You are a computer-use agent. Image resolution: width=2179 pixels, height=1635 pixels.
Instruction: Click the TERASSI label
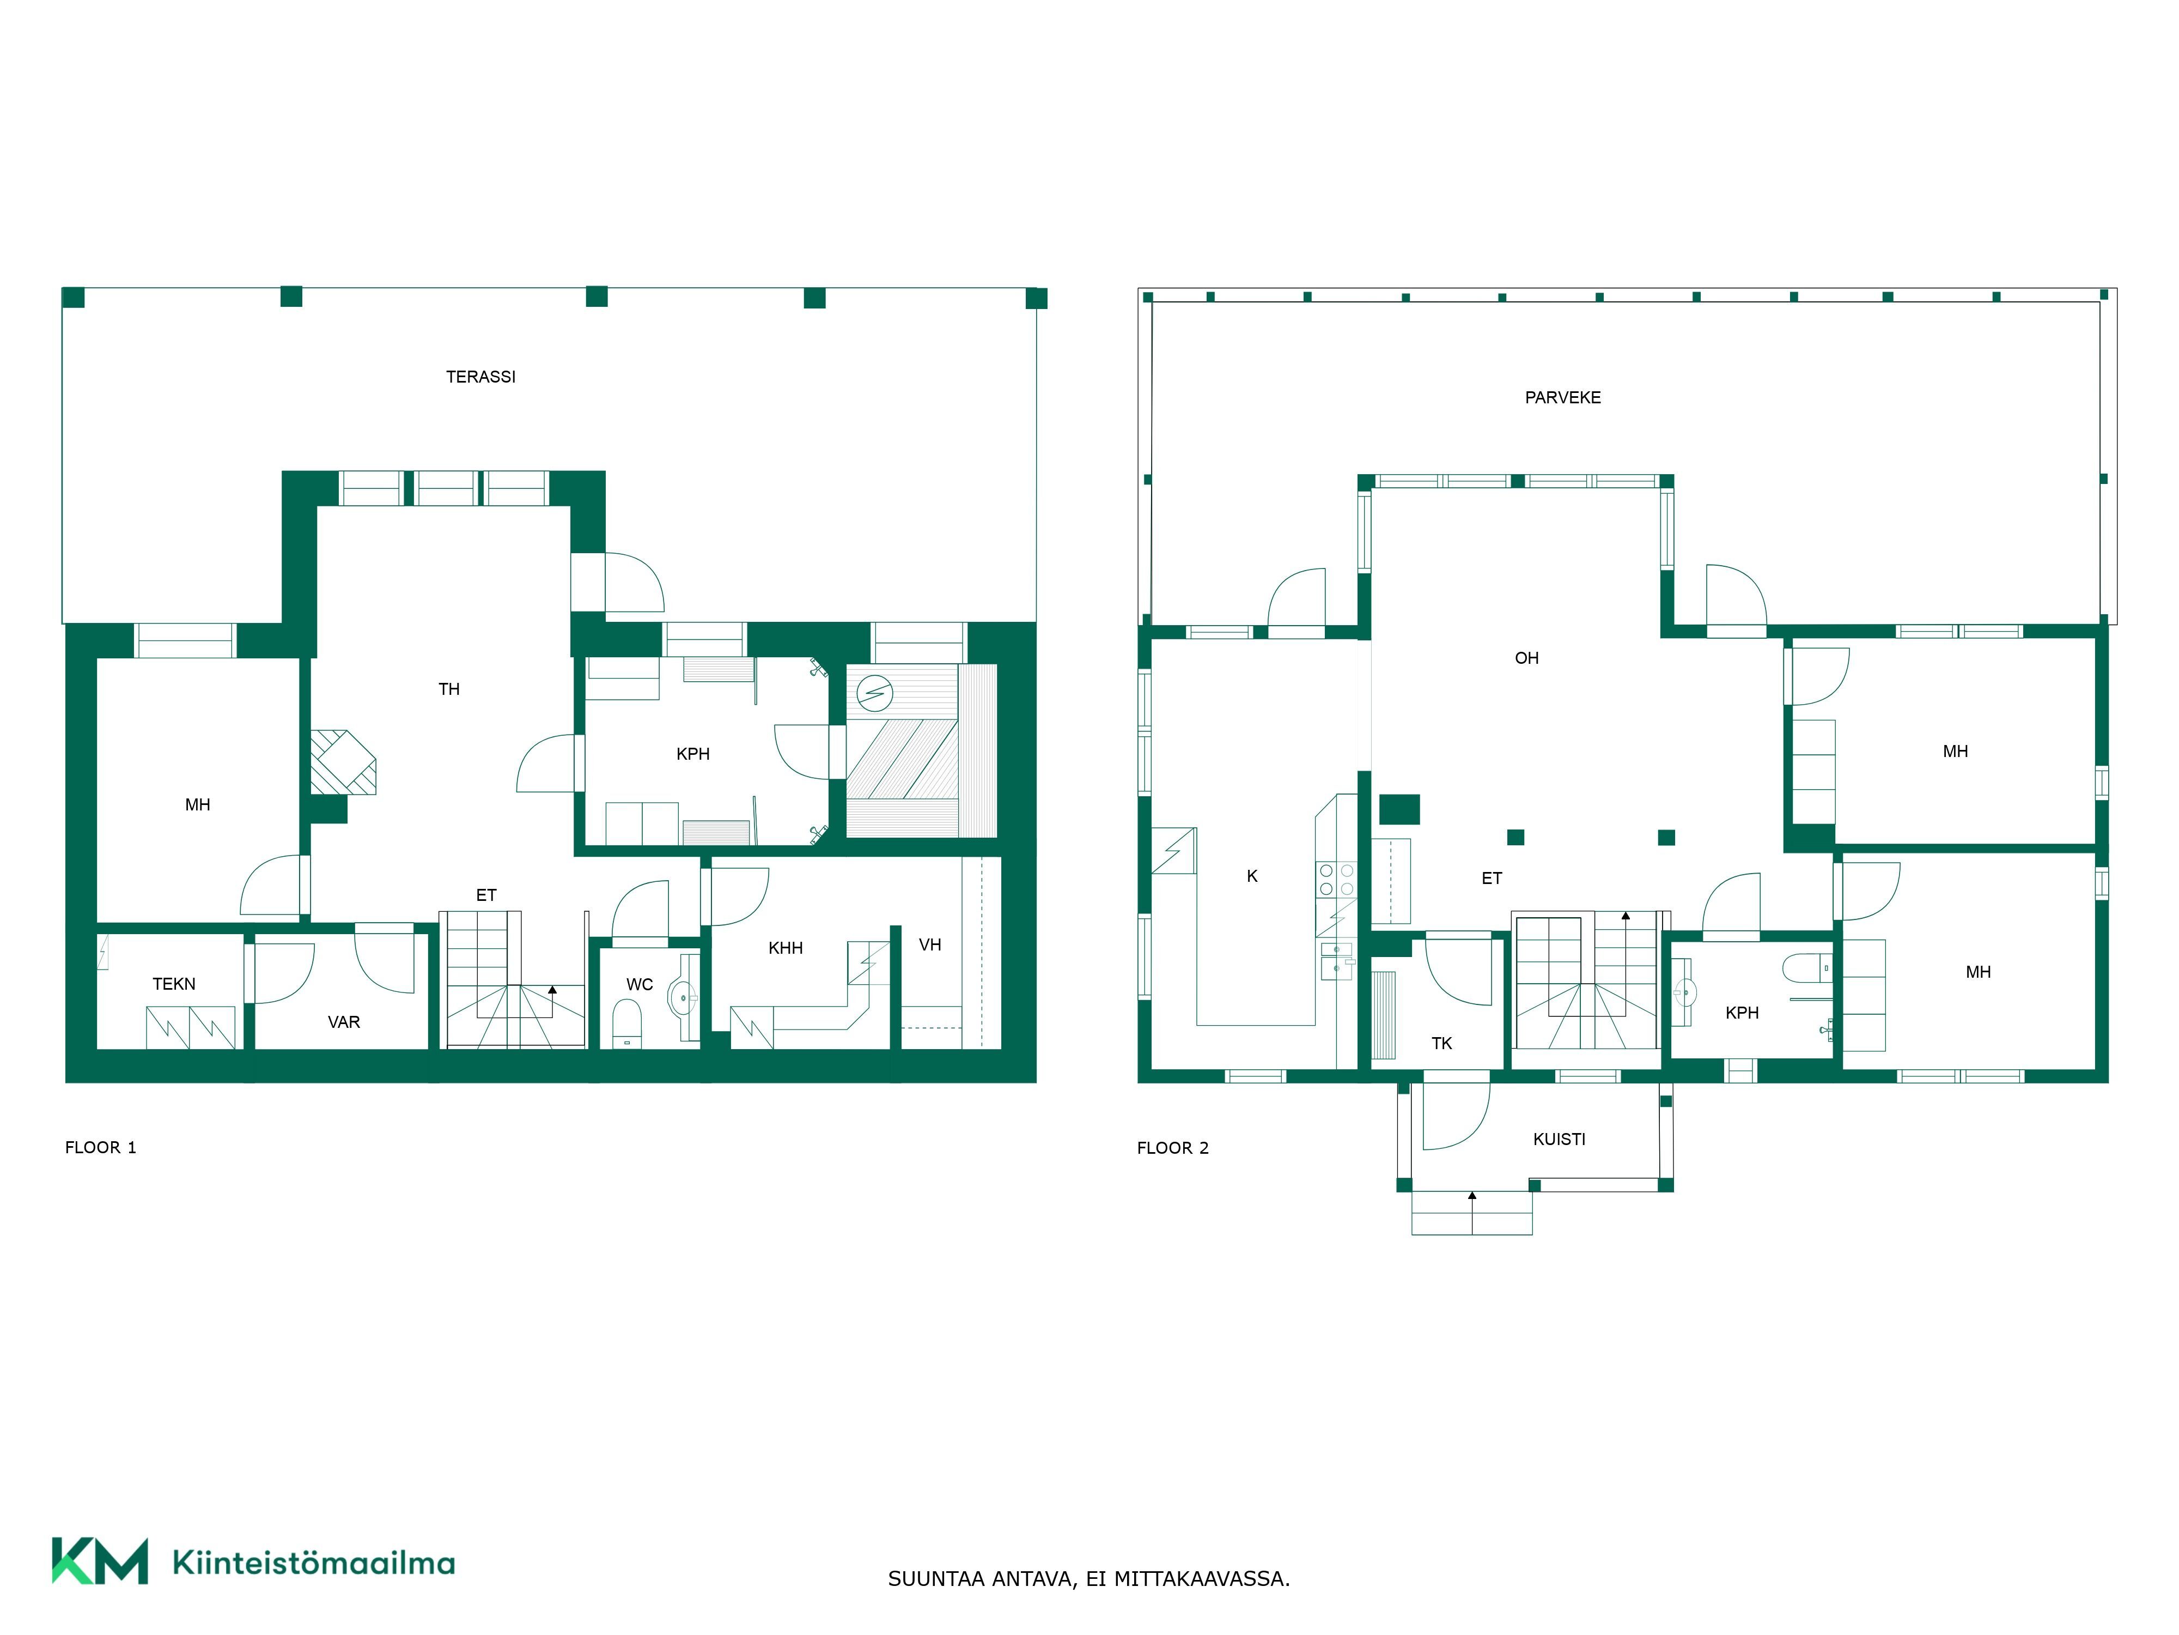pos(480,377)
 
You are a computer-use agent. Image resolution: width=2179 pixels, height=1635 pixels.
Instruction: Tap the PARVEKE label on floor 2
pos(1562,397)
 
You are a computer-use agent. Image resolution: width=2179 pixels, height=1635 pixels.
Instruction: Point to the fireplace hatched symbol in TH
pos(343,762)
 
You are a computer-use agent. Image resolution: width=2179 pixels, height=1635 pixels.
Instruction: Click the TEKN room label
pos(174,984)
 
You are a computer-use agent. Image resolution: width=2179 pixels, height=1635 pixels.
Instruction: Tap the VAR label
pos(344,1022)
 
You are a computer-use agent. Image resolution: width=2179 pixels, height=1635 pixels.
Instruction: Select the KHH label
pos(785,948)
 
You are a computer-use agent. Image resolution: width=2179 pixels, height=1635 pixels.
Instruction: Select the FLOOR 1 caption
pos(100,1147)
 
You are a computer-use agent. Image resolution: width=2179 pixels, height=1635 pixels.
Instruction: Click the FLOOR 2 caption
pos(1172,1148)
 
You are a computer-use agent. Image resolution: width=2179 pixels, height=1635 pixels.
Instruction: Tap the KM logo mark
pos(100,1561)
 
